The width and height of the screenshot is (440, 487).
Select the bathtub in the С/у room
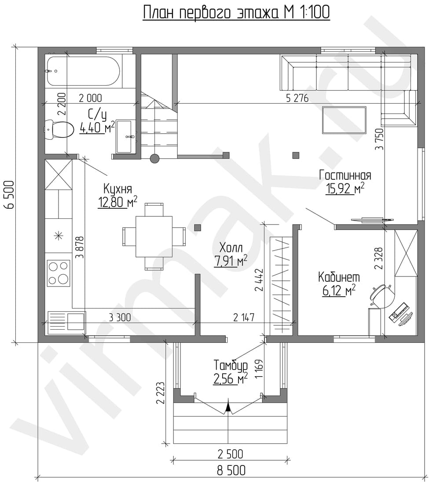(x=83, y=71)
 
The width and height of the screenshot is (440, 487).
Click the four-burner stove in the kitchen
(x=59, y=273)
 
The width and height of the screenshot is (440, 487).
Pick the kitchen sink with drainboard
(x=66, y=322)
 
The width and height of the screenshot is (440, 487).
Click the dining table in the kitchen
(x=154, y=236)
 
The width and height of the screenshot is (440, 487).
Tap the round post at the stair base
(x=155, y=158)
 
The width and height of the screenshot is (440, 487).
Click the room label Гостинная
(x=345, y=175)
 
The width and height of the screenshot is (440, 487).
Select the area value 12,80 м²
(x=118, y=203)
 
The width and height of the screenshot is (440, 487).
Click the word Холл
(x=231, y=248)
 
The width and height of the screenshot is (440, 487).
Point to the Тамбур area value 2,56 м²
(x=231, y=378)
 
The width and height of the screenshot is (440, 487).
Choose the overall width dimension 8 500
(x=231, y=471)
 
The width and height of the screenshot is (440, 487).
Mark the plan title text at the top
(x=236, y=13)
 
